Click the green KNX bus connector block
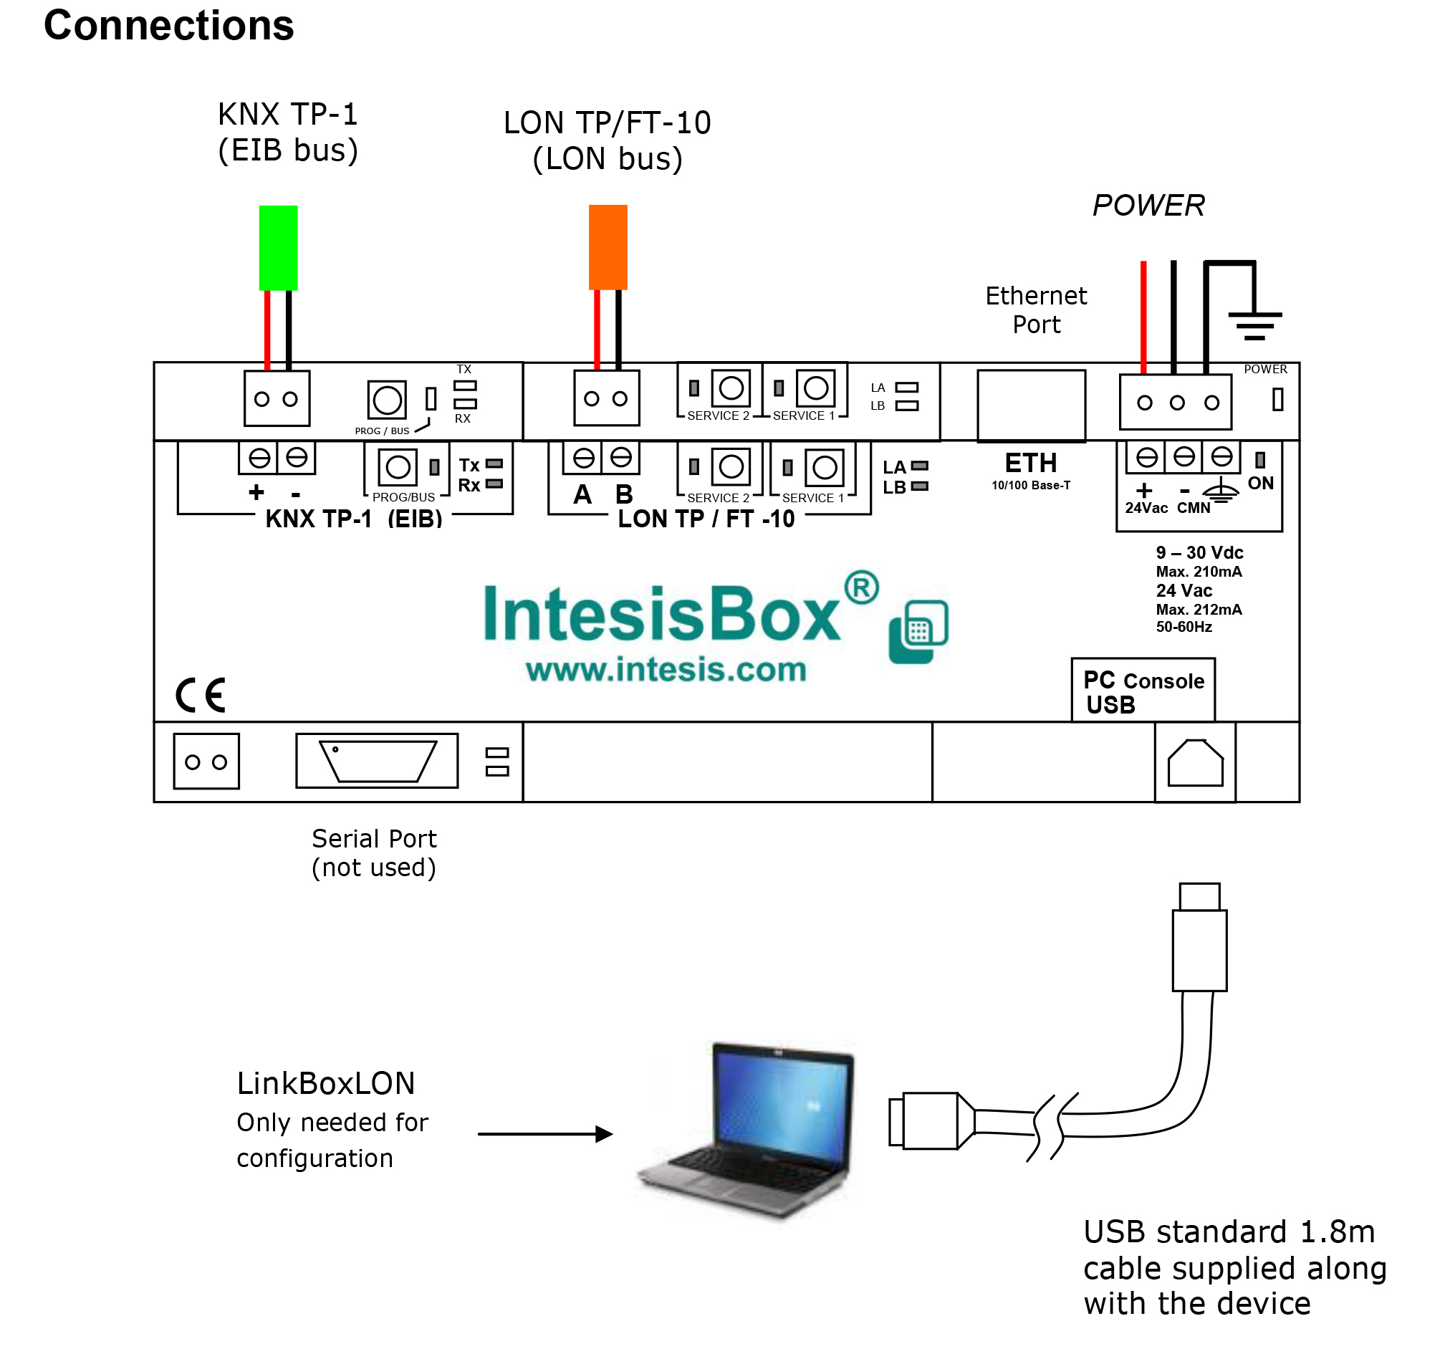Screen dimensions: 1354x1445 click(279, 248)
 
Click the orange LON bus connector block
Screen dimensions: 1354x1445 click(608, 247)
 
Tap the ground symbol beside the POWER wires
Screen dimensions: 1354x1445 click(1254, 324)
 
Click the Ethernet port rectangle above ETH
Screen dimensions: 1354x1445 click(1031, 405)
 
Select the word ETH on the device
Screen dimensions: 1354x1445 click(1031, 463)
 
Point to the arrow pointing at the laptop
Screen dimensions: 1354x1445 click(545, 1134)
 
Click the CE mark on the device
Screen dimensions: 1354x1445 click(201, 695)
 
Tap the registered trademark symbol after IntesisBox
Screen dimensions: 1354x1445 click(861, 587)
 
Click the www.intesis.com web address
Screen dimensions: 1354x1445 click(666, 669)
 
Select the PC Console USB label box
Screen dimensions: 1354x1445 click(1143, 691)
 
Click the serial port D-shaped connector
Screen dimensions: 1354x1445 click(378, 760)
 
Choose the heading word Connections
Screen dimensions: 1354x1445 click(168, 26)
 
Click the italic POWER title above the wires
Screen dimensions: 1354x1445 click(1148, 206)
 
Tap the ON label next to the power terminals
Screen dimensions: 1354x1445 click(1260, 484)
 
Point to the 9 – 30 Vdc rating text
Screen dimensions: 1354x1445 click(1199, 552)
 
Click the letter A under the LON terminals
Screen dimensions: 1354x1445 click(582, 495)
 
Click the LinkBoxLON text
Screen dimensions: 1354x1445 click(326, 1084)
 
